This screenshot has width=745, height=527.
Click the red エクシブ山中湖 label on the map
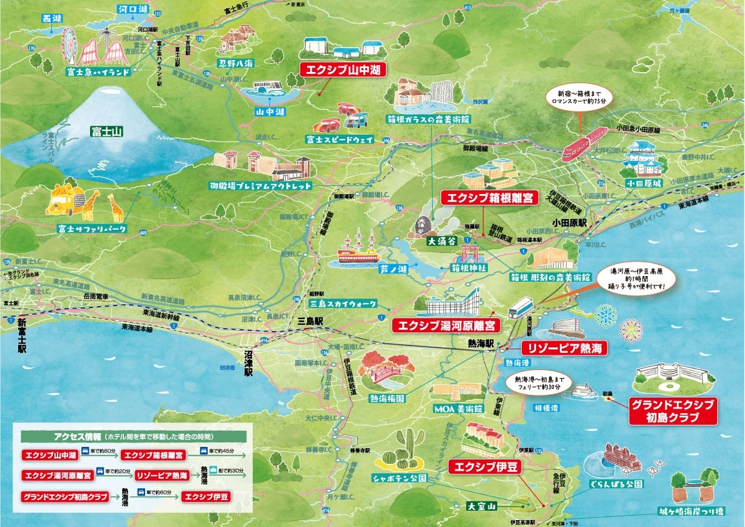(341, 69)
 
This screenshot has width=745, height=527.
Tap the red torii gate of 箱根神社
(469, 252)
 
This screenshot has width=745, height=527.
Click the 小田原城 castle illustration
(642, 160)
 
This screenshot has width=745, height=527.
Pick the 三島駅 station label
(311, 320)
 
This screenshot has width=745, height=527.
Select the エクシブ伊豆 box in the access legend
(206, 497)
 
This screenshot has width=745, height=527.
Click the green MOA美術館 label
(459, 409)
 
